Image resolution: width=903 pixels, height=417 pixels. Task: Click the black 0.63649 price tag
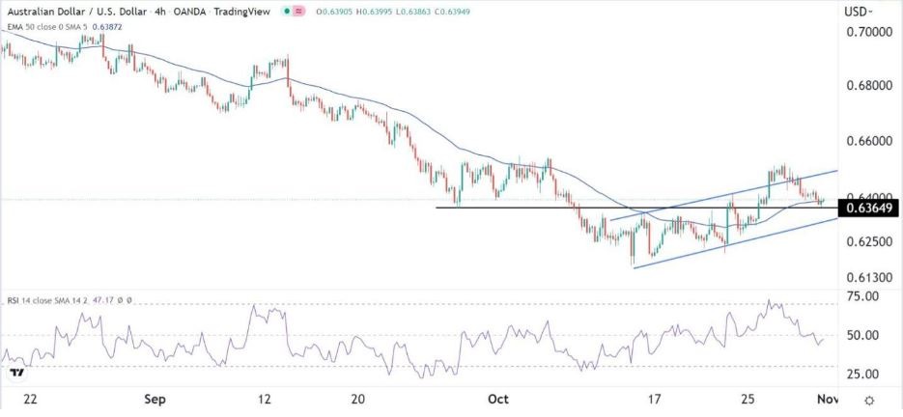pyautogui.click(x=867, y=208)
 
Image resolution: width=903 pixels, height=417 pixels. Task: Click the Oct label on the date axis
pyautogui.click(x=498, y=399)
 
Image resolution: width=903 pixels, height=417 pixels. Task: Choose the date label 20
pyautogui.click(x=357, y=399)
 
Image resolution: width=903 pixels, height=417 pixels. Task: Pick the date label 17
pyautogui.click(x=653, y=399)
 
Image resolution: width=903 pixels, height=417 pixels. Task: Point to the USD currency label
pyautogui.click(x=855, y=11)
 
